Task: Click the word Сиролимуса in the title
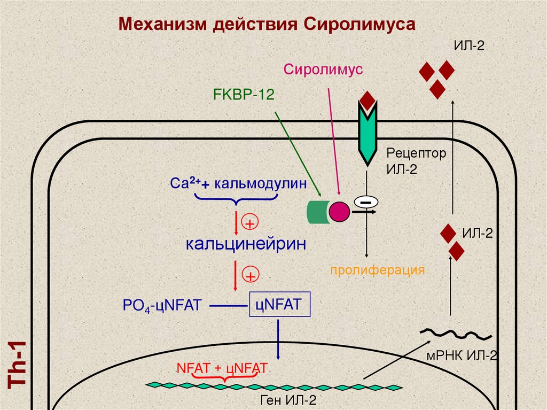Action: [x=361, y=25]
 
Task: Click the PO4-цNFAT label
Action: [x=161, y=306]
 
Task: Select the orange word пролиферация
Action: [x=377, y=269]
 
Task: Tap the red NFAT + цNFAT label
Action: [x=221, y=368]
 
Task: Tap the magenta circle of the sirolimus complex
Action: [x=339, y=212]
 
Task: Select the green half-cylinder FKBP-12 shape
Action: [x=316, y=212]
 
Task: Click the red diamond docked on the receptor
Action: [x=368, y=99]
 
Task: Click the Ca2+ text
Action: [x=185, y=184]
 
